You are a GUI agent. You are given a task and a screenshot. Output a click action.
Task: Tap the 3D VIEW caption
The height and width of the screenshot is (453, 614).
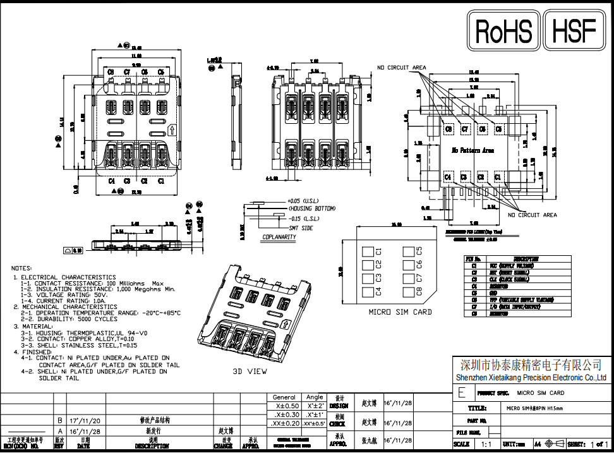(250, 371)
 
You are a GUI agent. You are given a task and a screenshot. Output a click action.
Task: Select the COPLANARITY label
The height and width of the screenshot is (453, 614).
(279, 238)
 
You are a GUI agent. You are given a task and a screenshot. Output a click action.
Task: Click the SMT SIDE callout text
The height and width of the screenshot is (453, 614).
(301, 227)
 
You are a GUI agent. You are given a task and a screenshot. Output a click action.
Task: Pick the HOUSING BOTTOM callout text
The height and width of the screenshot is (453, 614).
(313, 208)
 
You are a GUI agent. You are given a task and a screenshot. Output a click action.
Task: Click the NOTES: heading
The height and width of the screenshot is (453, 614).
(21, 268)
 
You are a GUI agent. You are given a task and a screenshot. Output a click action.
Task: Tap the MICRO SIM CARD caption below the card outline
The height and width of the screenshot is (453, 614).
(400, 311)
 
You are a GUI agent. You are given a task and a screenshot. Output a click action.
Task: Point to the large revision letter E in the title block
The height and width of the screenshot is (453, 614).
(462, 392)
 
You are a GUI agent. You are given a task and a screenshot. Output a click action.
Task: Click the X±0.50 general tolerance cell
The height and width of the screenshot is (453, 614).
(284, 406)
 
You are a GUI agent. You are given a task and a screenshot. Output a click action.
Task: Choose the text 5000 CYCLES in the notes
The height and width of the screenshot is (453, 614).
(100, 319)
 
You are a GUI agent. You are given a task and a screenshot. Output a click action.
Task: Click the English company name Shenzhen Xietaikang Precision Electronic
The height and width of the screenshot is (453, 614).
(531, 378)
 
